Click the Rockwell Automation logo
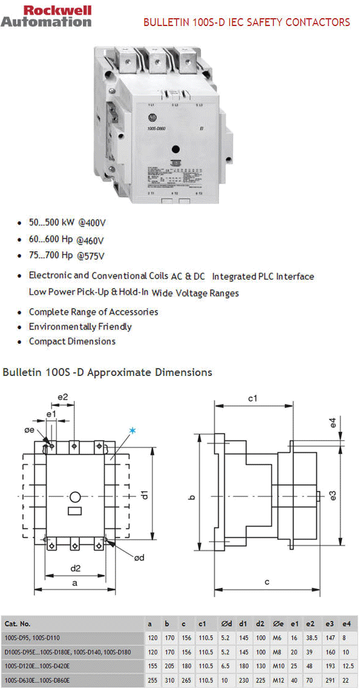click(46, 16)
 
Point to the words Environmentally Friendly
click(80, 327)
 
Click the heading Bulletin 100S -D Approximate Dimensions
click(108, 372)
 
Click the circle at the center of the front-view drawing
click(76, 497)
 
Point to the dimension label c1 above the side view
click(253, 398)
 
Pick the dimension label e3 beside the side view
click(333, 495)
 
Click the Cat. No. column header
click(18, 624)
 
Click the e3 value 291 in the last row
click(330, 680)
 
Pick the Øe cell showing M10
click(278, 666)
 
